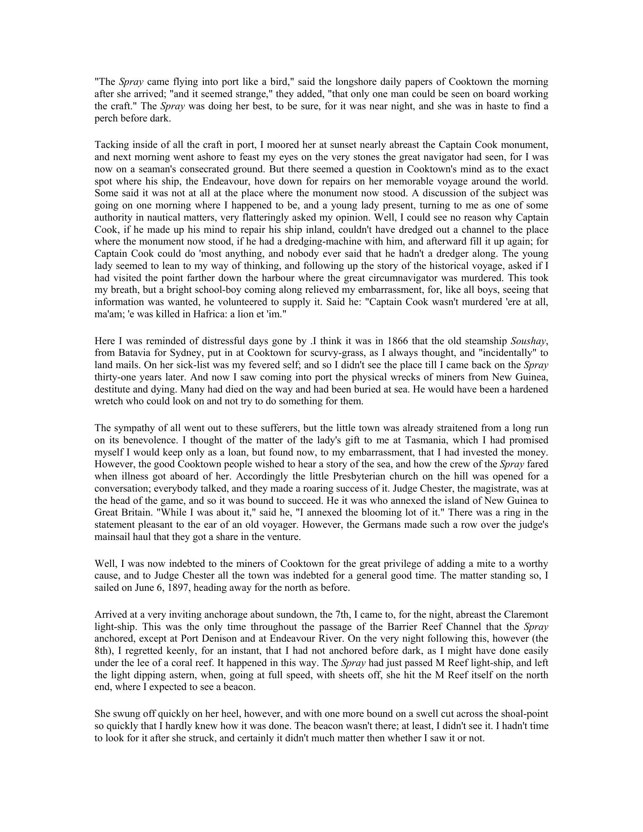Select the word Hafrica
pos(197,314)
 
